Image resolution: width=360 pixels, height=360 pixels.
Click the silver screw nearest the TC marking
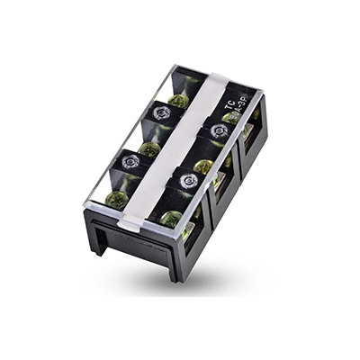point(217,131)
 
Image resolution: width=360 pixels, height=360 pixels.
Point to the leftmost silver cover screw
point(130,163)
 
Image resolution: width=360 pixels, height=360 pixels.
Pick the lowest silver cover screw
point(187,182)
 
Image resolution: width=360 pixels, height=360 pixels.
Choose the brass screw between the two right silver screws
point(204,167)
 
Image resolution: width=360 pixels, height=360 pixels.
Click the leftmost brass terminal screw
point(115,200)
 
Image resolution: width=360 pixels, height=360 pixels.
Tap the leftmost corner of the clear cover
point(84,205)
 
